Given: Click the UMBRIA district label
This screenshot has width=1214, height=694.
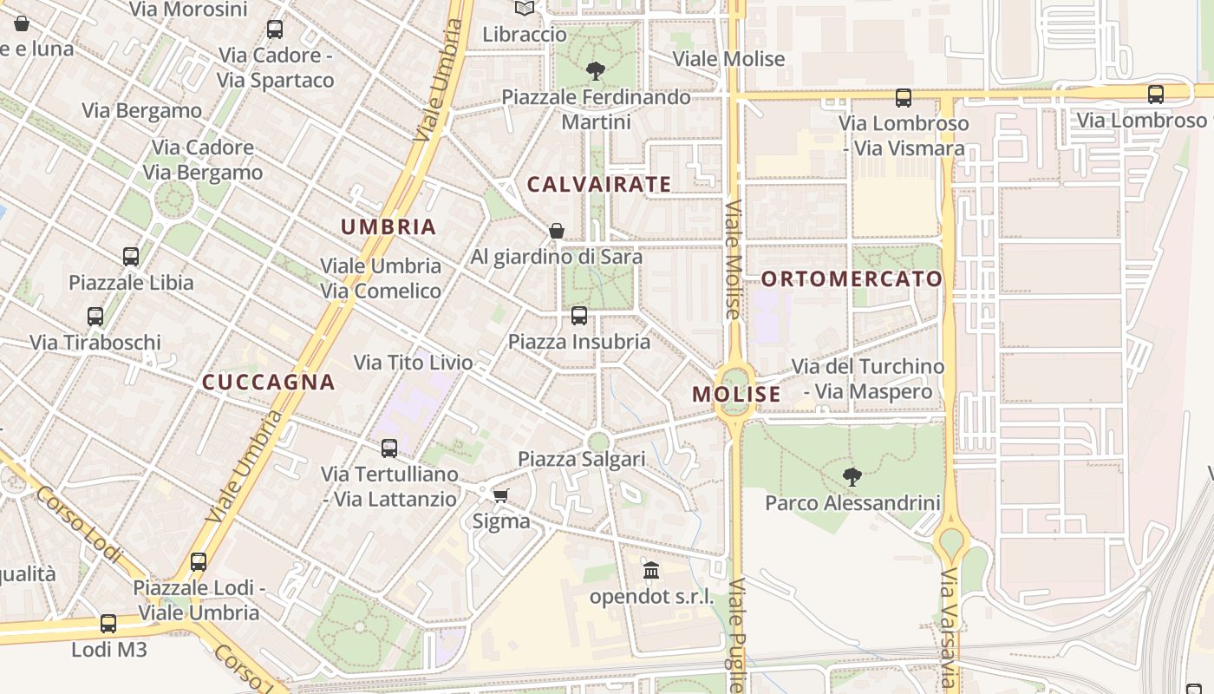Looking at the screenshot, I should (x=388, y=227).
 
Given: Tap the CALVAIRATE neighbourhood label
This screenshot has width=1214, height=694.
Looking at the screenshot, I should (x=599, y=184).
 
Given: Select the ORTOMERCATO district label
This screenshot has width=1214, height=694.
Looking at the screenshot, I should (x=852, y=278).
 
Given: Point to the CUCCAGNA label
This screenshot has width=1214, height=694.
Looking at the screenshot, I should (x=268, y=382).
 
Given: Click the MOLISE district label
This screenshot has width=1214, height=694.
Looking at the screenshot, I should (x=736, y=394).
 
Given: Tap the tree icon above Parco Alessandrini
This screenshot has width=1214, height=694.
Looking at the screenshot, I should (x=852, y=476).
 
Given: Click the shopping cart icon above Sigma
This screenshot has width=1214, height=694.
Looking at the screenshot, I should (x=500, y=495).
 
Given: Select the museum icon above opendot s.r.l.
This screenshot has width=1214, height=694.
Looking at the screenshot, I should (x=651, y=571).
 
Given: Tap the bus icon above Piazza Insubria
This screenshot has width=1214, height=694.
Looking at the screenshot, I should (x=579, y=316).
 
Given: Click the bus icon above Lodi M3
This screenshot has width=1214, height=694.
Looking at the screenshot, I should (x=108, y=624).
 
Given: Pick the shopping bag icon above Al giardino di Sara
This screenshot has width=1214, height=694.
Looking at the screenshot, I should (x=557, y=231).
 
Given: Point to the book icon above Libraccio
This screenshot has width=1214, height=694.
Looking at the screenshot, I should (x=525, y=9).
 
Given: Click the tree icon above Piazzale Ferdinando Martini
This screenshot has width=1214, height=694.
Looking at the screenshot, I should (x=595, y=70).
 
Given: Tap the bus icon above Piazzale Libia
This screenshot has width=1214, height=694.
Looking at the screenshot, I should (x=131, y=257).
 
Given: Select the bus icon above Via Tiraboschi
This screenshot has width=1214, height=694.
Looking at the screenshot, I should (x=95, y=317).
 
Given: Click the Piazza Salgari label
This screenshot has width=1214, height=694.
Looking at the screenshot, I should (x=581, y=459).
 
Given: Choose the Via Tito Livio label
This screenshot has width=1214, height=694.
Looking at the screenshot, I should (x=414, y=362).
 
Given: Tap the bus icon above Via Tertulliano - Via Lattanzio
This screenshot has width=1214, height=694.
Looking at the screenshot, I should (x=389, y=448).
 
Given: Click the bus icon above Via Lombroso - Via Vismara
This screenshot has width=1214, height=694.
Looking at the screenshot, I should (x=904, y=98).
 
